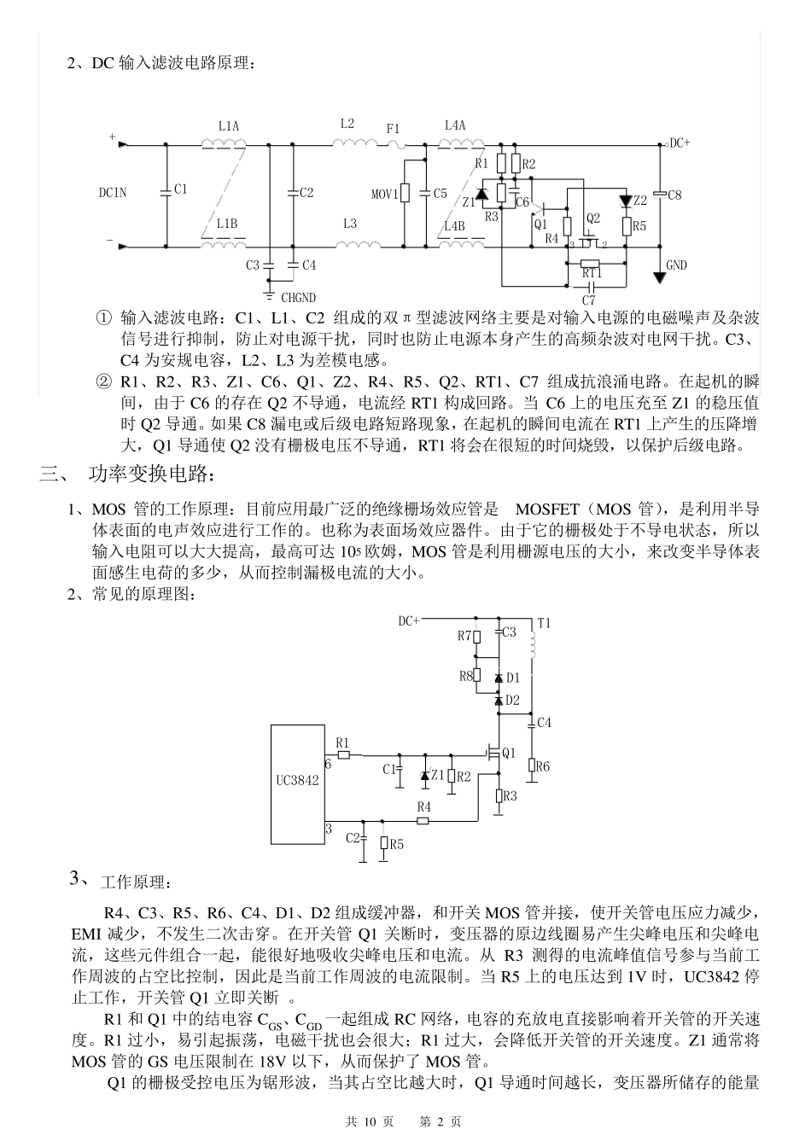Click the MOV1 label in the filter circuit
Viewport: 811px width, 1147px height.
(384, 195)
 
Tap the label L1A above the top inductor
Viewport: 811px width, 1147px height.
(228, 126)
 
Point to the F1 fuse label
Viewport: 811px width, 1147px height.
(393, 128)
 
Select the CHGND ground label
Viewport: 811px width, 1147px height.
(298, 298)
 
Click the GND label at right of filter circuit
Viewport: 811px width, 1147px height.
(676, 265)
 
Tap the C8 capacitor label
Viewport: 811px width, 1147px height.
(674, 195)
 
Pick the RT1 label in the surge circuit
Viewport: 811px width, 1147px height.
(592, 273)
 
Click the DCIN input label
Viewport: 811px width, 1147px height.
(113, 193)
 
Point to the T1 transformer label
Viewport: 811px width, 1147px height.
(544, 623)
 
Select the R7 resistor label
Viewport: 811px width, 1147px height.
(464, 636)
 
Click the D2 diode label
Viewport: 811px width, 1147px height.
(512, 700)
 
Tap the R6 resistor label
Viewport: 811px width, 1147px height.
(543, 766)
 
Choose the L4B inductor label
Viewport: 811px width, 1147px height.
(454, 226)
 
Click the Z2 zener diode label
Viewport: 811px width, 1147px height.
(640, 201)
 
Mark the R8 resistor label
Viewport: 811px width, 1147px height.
(466, 676)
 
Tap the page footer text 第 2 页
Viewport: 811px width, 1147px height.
(441, 1121)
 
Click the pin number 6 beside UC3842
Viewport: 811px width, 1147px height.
(327, 764)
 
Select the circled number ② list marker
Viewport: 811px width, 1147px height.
(104, 381)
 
